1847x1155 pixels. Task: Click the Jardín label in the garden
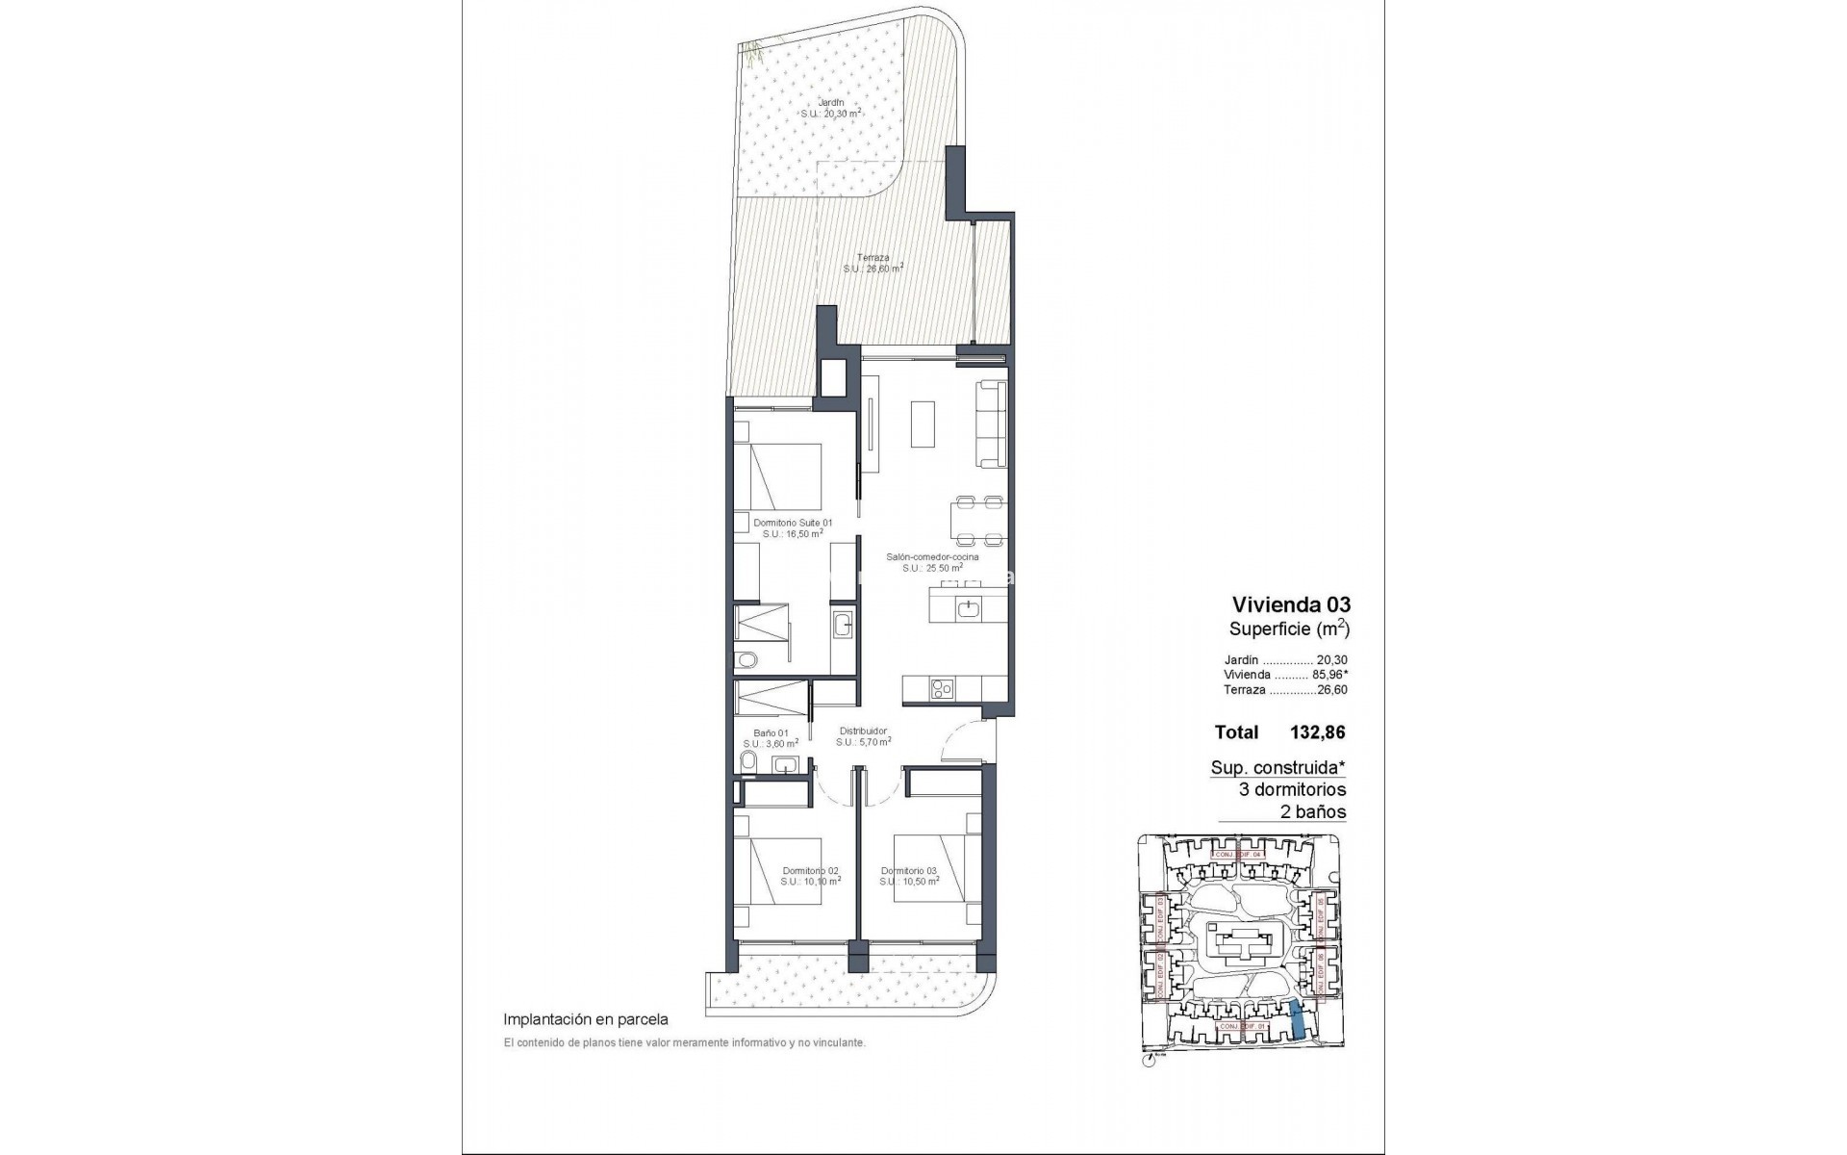pyautogui.click(x=830, y=102)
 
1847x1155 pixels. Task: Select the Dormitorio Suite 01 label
pyautogui.click(x=793, y=522)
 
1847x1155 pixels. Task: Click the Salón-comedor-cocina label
pyautogui.click(x=932, y=557)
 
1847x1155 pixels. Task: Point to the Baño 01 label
pyautogui.click(x=771, y=732)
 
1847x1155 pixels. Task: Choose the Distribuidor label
pyautogui.click(x=862, y=731)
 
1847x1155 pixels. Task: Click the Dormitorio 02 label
pyautogui.click(x=810, y=870)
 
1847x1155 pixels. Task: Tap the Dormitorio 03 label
pyautogui.click(x=908, y=870)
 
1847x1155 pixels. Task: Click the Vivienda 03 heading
pyautogui.click(x=1291, y=604)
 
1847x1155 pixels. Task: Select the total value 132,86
pyautogui.click(x=1317, y=731)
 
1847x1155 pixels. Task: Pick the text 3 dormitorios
pyautogui.click(x=1292, y=789)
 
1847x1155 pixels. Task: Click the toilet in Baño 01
pyautogui.click(x=748, y=764)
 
